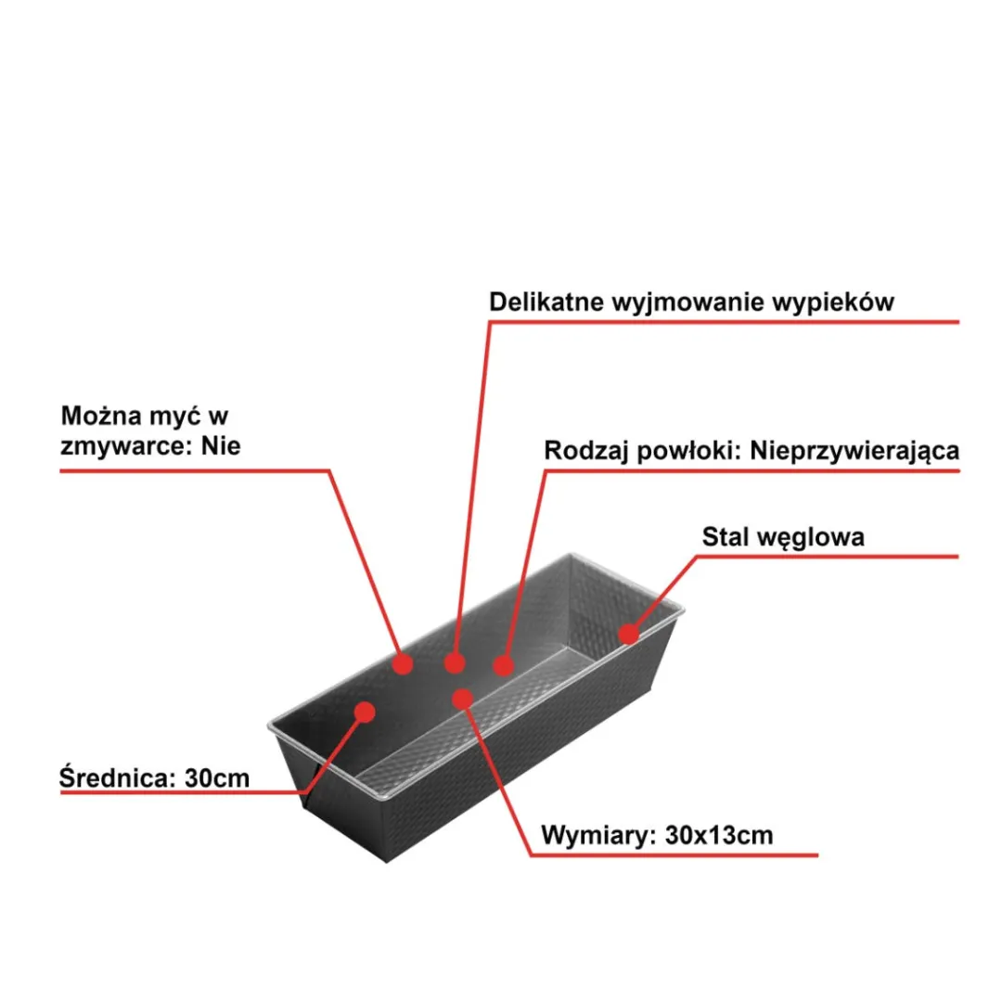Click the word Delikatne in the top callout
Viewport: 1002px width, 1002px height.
click(546, 302)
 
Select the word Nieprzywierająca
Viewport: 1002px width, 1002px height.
click(854, 451)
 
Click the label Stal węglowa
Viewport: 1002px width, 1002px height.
click(783, 537)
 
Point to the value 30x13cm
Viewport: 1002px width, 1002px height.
click(719, 835)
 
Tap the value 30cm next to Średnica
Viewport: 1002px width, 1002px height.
click(217, 778)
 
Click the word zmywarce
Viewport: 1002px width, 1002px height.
click(126, 446)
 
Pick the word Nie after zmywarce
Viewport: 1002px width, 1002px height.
click(221, 445)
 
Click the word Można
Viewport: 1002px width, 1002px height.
click(101, 416)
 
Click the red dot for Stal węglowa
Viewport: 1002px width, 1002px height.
click(629, 634)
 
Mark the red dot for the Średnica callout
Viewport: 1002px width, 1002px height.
click(365, 712)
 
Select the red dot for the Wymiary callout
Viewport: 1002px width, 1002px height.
click(462, 699)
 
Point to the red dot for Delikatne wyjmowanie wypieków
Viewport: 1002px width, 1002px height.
click(455, 663)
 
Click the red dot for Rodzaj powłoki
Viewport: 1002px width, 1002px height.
click(504, 666)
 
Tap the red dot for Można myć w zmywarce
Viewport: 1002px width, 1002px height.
click(403, 664)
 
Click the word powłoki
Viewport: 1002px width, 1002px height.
click(689, 451)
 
